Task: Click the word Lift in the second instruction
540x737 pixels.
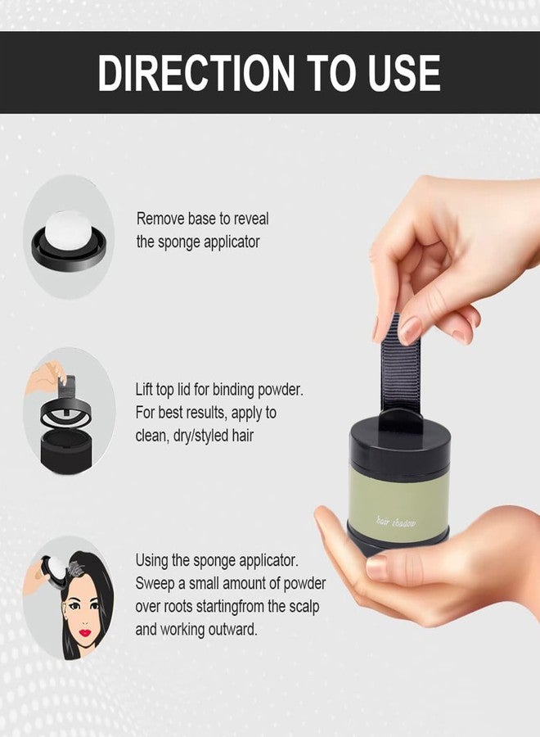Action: pos(143,390)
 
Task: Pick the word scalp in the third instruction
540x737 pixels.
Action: pos(304,607)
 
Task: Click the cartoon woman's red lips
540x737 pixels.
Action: pos(84,632)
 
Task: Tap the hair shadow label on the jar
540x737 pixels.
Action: pos(396,522)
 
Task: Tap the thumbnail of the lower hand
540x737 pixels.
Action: pos(377,567)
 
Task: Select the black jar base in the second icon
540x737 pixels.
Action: pos(65,451)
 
